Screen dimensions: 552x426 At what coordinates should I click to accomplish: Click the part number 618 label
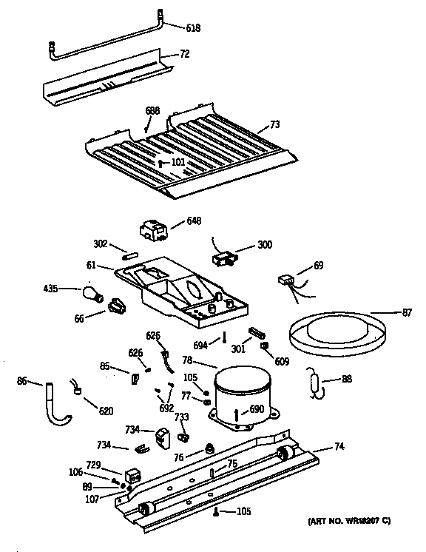tap(192, 29)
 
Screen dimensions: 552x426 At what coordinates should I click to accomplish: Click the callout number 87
tap(407, 312)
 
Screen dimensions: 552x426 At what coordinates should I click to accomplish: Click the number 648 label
tap(194, 221)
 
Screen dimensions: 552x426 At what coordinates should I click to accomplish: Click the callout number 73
tap(274, 125)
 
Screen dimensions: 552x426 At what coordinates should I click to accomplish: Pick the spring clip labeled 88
tap(317, 385)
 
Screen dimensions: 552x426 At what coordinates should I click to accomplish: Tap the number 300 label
tap(264, 245)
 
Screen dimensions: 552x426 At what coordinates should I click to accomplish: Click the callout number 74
tap(339, 445)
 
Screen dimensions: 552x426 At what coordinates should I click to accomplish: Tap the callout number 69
tap(318, 264)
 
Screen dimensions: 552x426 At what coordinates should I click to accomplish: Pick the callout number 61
tap(90, 264)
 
